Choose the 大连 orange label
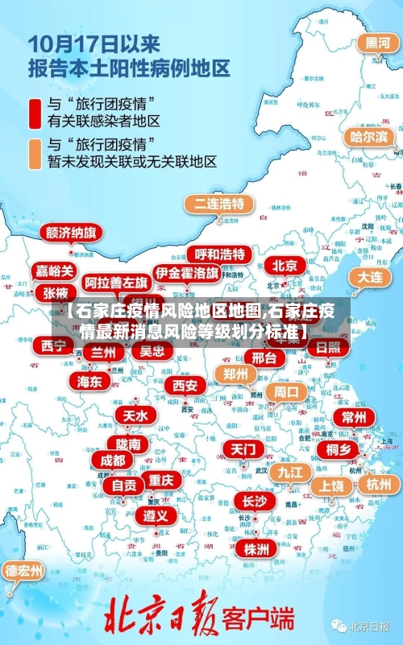371,276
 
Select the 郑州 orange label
236,374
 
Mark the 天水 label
135,416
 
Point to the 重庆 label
161,480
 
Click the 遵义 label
156,515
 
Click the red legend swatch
35,113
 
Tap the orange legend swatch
35,153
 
